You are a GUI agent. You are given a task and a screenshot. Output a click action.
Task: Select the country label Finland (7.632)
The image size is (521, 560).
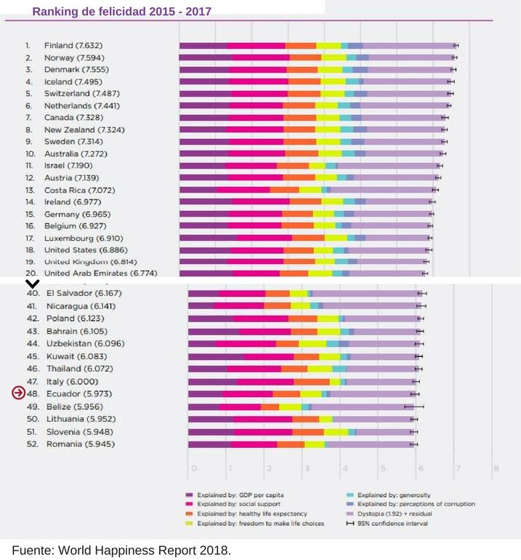point(69,45)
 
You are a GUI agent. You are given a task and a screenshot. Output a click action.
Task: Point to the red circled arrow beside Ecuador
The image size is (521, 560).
point(18,393)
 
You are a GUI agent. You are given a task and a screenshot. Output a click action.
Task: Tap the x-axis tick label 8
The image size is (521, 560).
point(496,468)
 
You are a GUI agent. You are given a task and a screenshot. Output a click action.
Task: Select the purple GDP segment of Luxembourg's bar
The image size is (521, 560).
point(208,238)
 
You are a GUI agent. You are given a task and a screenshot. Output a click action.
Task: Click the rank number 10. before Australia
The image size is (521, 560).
point(31,153)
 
